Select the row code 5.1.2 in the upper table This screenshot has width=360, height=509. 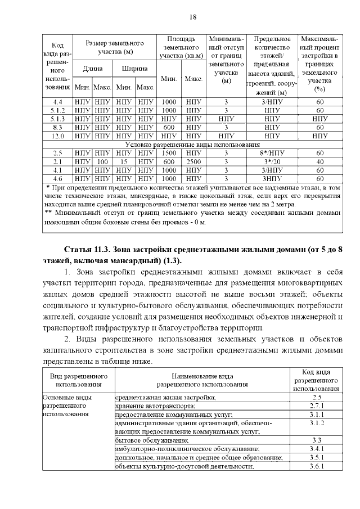pyautogui.click(x=57, y=110)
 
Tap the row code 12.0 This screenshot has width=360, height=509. pyautogui.click(x=57, y=136)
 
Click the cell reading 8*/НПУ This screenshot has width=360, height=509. pyautogui.click(x=272, y=153)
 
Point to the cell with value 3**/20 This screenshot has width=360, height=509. pyautogui.click(x=272, y=161)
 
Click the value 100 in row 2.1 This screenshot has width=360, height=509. pyautogui.click(x=102, y=161)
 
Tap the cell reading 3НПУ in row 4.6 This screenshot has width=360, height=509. pyautogui.click(x=272, y=178)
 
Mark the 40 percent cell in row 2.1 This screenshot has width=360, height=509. pyautogui.click(x=320, y=161)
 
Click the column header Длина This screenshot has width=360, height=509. pyautogui.click(x=93, y=69)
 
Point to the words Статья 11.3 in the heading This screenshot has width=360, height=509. pyautogui.click(x=87, y=249)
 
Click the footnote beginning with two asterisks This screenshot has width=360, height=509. pyautogui.click(x=191, y=218)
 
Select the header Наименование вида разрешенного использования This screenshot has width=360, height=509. pyautogui.click(x=202, y=380)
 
